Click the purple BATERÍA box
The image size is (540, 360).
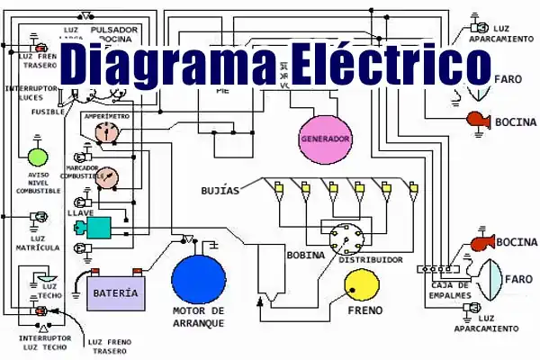click(116, 292)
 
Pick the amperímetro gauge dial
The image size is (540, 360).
click(107, 133)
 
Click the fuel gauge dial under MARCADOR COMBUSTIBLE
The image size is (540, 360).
click(107, 177)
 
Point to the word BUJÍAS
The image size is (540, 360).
click(220, 191)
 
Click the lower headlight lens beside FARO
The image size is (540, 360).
click(491, 280)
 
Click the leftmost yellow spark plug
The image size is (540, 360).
click(278, 187)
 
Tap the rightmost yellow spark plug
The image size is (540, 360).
click(412, 187)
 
